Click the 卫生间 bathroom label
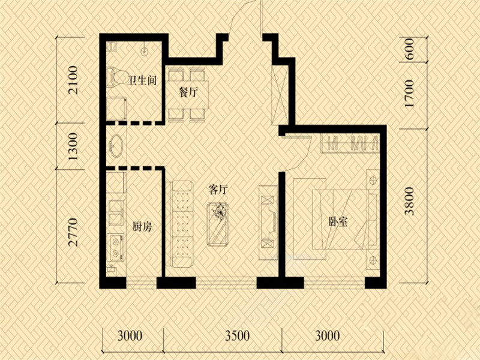point(142,80)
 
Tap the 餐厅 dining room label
point(188,92)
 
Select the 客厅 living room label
point(218,190)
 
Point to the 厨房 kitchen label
point(142,227)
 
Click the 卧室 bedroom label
point(338,221)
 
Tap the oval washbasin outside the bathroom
point(115,146)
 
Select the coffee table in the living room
point(218,224)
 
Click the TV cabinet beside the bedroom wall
point(268,222)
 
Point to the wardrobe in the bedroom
point(350,143)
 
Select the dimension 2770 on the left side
point(73,232)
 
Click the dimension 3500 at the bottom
point(237,336)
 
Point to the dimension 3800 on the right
point(409,202)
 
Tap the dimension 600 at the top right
point(409,49)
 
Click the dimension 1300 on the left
point(73,146)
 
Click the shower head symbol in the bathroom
point(144,50)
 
